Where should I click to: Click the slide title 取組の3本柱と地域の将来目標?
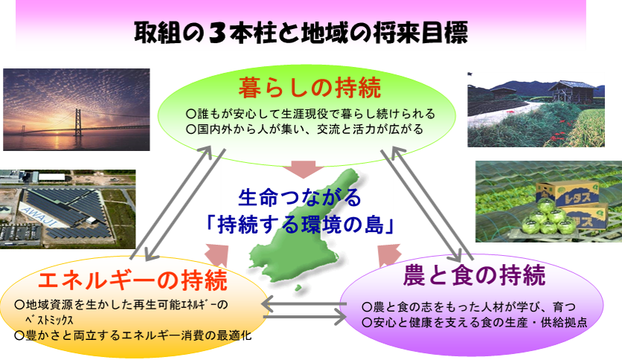click(301, 33)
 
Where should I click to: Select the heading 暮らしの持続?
click(310, 88)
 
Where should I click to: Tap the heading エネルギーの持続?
click(132, 280)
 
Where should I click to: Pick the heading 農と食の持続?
click(474, 275)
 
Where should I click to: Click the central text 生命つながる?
click(300, 197)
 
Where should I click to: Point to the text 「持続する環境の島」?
click(301, 225)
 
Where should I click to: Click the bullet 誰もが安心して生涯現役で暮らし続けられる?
click(310, 115)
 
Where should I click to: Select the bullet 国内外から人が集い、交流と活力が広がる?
click(304, 129)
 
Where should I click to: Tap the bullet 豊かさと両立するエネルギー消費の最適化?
click(133, 335)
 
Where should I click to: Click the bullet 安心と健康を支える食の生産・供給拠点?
click(475, 322)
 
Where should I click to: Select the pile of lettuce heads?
click(548, 217)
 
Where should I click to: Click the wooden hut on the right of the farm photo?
click(572, 92)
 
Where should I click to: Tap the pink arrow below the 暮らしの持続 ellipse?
click(304, 170)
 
